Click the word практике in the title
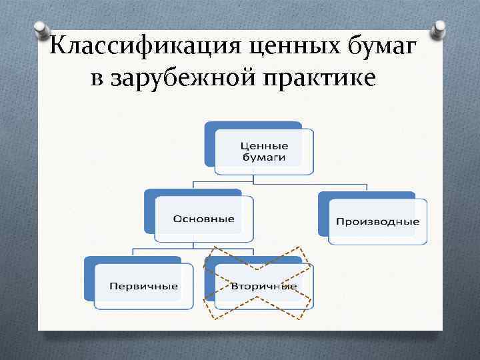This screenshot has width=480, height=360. (320, 78)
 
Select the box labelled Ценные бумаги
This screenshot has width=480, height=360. (263, 153)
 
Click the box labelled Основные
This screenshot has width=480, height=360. (204, 219)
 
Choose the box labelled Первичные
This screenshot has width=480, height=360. (143, 286)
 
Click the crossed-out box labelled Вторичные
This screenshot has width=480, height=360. (263, 286)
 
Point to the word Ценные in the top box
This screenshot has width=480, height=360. (264, 145)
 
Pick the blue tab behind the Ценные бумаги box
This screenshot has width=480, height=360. (209, 143)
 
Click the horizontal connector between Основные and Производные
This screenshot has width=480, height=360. (280, 182)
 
